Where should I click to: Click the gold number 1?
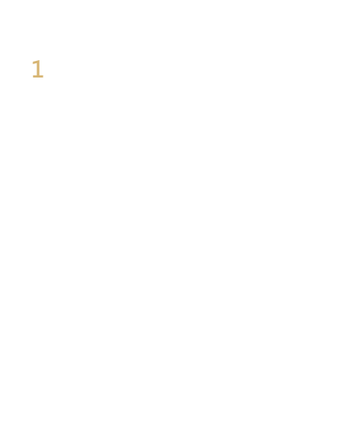(x=38, y=69)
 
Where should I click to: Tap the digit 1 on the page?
(x=38, y=69)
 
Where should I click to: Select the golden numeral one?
(x=38, y=69)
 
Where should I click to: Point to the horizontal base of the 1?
(x=38, y=77)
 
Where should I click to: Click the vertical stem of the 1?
(x=39, y=69)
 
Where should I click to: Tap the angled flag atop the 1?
(x=35, y=62)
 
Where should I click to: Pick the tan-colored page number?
(x=38, y=69)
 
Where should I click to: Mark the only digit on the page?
(x=38, y=69)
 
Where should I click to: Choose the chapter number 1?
(x=38, y=69)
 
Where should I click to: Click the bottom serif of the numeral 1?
(x=38, y=77)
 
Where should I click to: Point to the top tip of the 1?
(x=39, y=60)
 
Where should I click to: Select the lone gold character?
(x=38, y=69)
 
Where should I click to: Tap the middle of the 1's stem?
(x=39, y=69)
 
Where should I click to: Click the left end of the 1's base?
(x=32, y=77)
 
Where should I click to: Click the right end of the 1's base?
(x=44, y=77)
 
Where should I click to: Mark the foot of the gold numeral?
(x=38, y=77)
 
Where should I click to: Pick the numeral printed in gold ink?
(x=38, y=69)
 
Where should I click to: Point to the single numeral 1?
(x=38, y=69)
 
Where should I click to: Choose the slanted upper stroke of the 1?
(x=35, y=62)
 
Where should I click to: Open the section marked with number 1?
(x=38, y=69)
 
